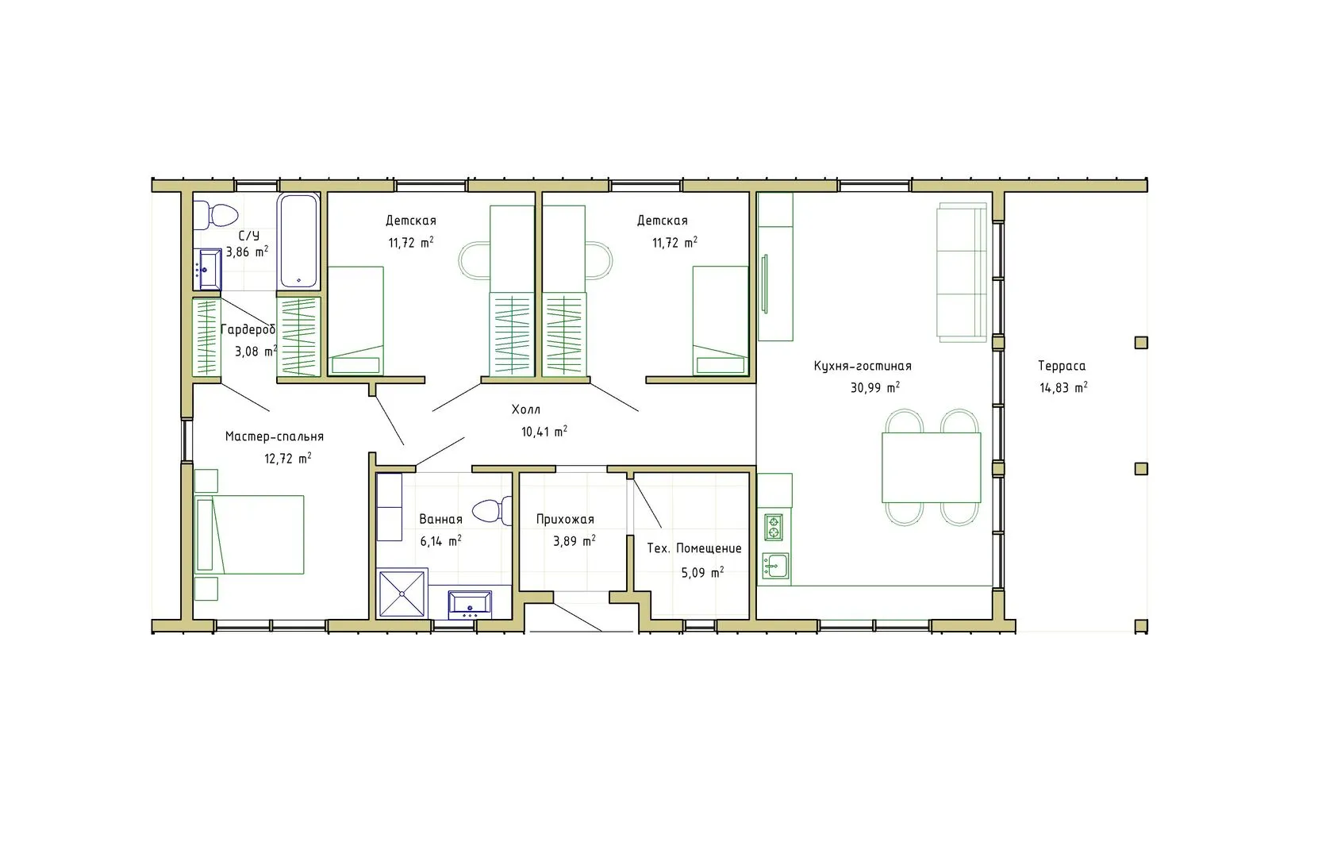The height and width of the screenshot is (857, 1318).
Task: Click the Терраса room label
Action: (1062, 366)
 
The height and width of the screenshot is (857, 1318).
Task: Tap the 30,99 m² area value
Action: (875, 387)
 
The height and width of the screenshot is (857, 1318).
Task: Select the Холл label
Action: (526, 409)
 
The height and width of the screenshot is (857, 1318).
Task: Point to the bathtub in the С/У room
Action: (298, 240)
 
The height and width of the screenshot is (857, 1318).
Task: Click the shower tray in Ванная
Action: (402, 594)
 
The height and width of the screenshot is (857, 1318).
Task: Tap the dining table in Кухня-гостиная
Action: (932, 467)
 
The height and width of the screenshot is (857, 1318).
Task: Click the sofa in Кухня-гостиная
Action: (962, 272)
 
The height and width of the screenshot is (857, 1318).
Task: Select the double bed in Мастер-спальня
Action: (249, 535)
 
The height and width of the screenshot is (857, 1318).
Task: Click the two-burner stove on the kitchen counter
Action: (773, 527)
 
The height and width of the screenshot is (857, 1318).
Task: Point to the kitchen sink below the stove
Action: (775, 566)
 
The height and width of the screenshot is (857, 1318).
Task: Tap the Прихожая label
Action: (565, 519)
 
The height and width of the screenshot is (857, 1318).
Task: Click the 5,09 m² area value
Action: (702, 572)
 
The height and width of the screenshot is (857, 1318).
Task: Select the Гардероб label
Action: (248, 329)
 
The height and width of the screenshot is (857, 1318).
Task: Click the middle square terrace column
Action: (1141, 468)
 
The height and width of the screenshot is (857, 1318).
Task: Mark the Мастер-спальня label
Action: (275, 436)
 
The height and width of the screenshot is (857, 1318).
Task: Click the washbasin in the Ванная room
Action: (470, 605)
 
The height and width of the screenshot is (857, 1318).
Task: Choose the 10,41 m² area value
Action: (544, 432)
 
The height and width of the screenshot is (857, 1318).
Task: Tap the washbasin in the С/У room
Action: (209, 270)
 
